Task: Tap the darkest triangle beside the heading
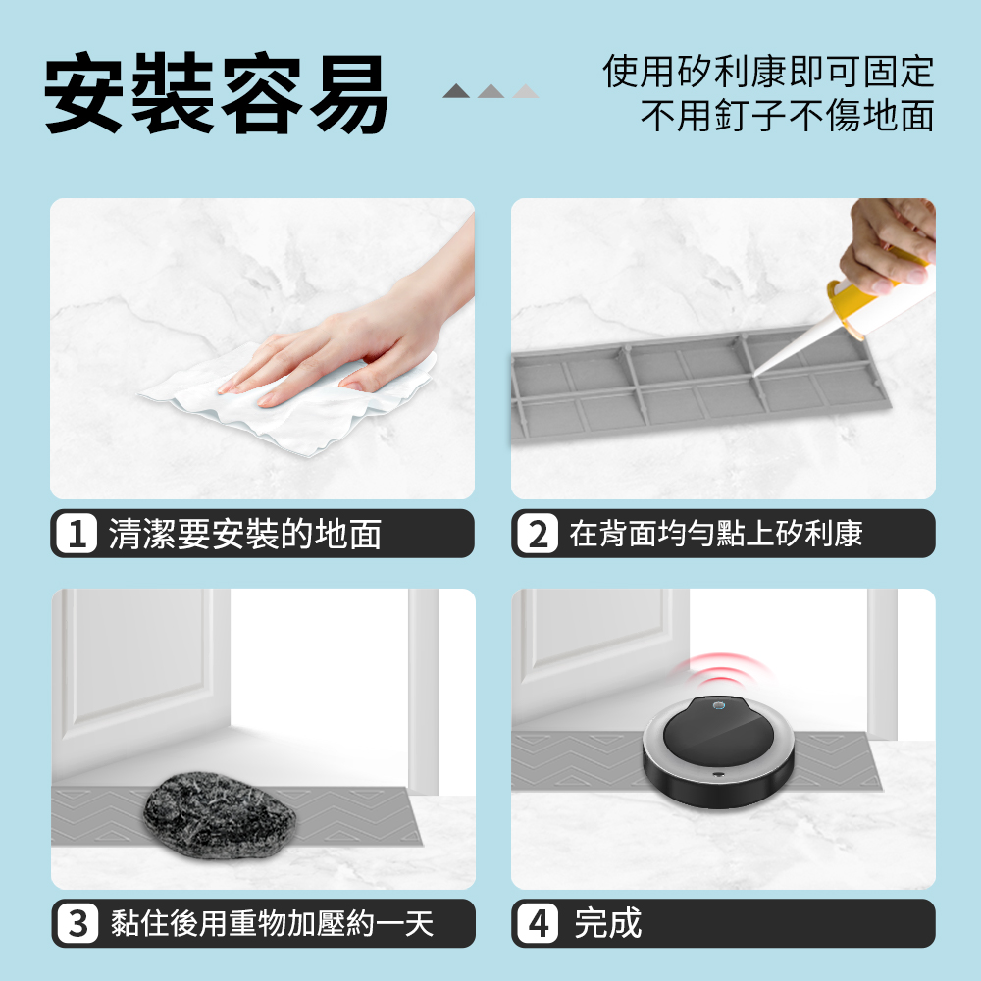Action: tap(456, 91)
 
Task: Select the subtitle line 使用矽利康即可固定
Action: tap(768, 72)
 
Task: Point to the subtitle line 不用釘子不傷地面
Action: tap(787, 115)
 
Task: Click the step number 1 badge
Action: tap(77, 533)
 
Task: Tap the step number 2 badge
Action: tap(538, 533)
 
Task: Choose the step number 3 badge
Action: tap(77, 923)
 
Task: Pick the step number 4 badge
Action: tap(538, 923)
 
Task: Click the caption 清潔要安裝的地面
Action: tap(244, 534)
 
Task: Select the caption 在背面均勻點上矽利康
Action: tap(716, 533)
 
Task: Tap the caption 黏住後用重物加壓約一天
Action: tap(272, 923)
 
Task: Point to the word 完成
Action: tap(608, 923)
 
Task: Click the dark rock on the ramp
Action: tap(219, 813)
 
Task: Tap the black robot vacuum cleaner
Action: tap(718, 750)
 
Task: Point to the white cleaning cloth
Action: tap(287, 400)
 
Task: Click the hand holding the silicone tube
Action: tap(889, 244)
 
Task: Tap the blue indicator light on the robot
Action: tap(719, 706)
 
